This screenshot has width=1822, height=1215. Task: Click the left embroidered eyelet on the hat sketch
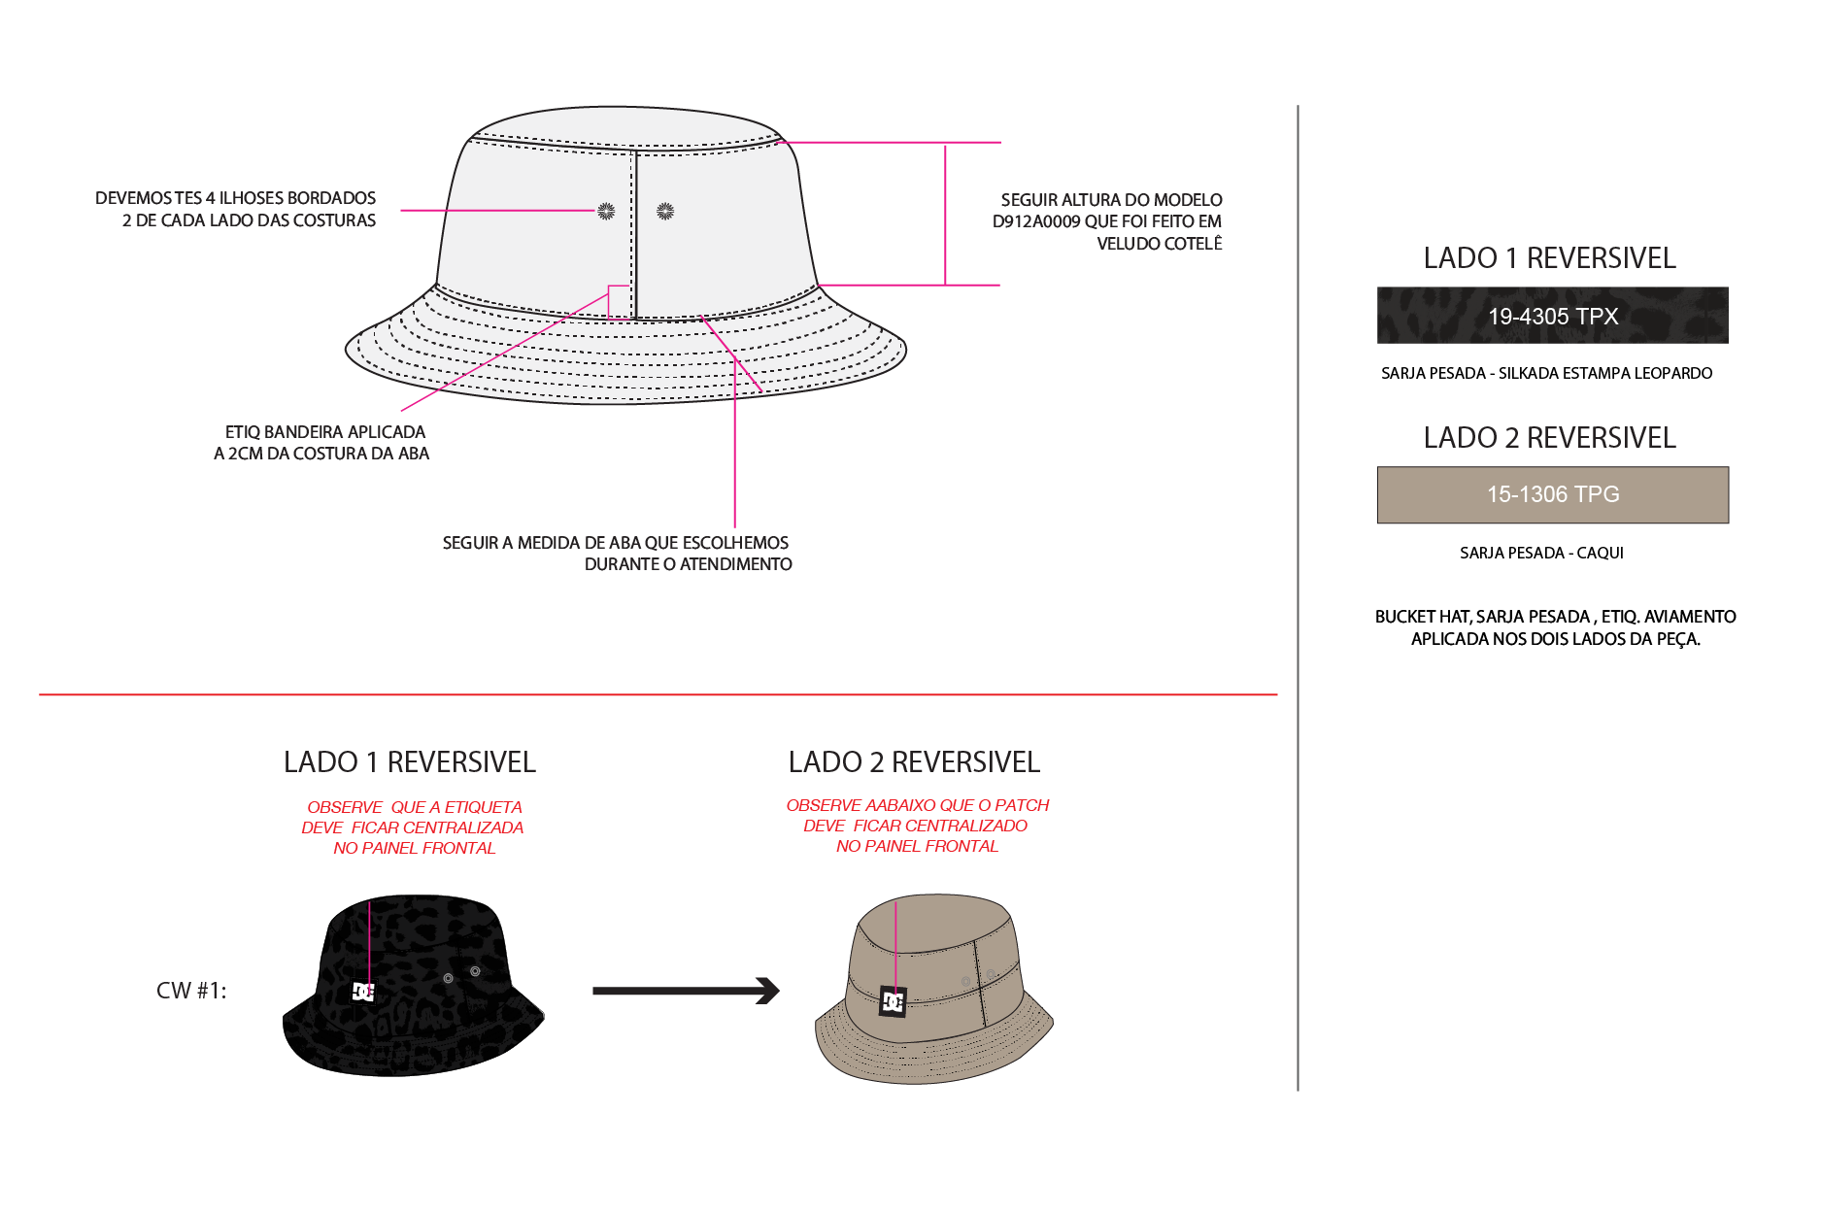pyautogui.click(x=606, y=211)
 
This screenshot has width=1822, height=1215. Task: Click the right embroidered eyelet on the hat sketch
pyautogui.click(x=665, y=211)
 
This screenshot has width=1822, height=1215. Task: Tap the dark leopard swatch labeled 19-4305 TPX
pyautogui.click(x=1552, y=316)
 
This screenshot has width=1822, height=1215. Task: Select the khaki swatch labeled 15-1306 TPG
pyautogui.click(x=1552, y=494)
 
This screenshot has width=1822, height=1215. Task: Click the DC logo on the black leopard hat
pyautogui.click(x=363, y=992)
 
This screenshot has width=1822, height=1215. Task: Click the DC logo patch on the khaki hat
pyautogui.click(x=893, y=1001)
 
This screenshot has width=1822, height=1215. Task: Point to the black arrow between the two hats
pyautogui.click(x=686, y=991)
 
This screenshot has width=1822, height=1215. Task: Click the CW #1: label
pyautogui.click(x=191, y=991)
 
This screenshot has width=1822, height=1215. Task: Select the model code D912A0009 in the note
pyautogui.click(x=1036, y=221)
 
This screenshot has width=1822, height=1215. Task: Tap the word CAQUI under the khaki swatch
pyautogui.click(x=1601, y=553)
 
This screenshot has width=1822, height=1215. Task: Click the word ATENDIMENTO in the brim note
pyautogui.click(x=736, y=564)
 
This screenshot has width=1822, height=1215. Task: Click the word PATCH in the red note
pyautogui.click(x=1022, y=805)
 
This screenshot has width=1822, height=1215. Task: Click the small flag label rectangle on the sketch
pyautogui.click(x=620, y=302)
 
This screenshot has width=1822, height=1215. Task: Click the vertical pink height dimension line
pyautogui.click(x=945, y=214)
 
